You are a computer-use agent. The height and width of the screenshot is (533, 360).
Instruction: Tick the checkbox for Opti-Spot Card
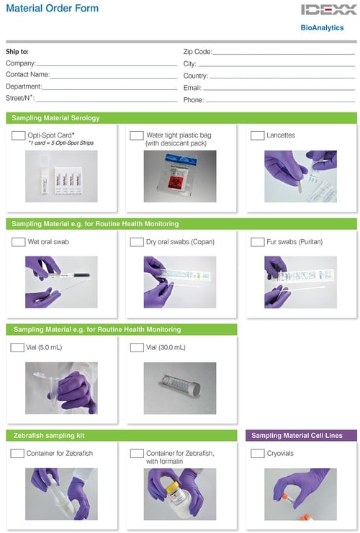coord(19,135)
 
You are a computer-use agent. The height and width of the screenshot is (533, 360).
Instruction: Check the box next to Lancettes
coord(257,135)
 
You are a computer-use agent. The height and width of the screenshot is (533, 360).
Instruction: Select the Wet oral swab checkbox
coord(19,242)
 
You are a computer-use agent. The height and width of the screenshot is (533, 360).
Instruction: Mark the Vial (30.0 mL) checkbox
coord(137,347)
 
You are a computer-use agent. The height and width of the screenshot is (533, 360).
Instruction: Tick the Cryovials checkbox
coord(257,454)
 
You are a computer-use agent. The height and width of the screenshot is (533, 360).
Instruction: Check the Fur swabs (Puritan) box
coord(257,242)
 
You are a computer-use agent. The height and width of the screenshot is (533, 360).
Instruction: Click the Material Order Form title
coord(52,9)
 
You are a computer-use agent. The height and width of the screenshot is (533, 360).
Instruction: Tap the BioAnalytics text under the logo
coord(322,28)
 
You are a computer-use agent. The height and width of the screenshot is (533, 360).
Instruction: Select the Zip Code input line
coord(284,53)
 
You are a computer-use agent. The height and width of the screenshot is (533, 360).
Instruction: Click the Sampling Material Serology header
coord(56,117)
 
